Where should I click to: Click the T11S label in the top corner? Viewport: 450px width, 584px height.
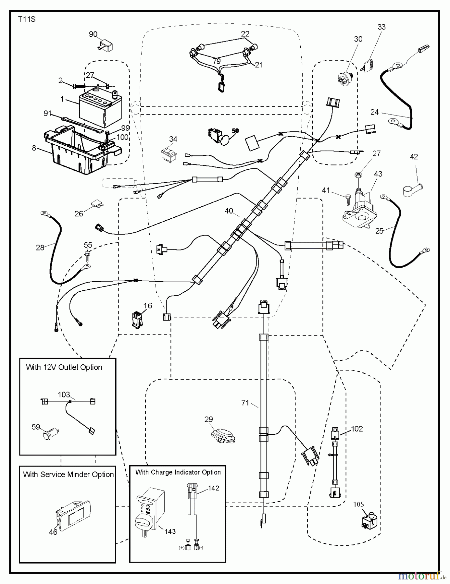tap(27, 19)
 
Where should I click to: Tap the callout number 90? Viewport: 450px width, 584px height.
tap(93, 34)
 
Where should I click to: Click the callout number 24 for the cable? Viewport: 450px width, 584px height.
tap(374, 112)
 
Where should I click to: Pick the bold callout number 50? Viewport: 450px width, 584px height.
tap(235, 131)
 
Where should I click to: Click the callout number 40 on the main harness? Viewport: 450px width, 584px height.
tap(229, 211)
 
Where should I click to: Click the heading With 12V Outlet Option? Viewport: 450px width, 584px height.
tap(64, 367)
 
